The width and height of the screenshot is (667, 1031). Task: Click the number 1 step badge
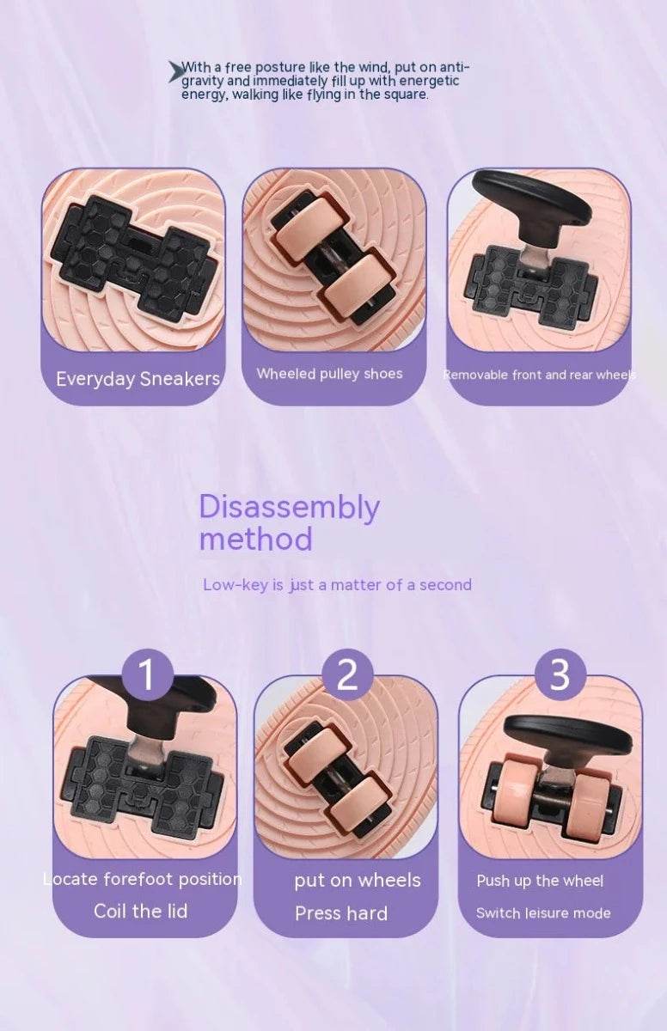[x=147, y=675]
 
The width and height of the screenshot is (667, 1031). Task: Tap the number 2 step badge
[x=347, y=675]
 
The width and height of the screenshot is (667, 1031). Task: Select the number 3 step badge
[x=560, y=675]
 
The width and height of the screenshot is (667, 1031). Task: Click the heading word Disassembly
[x=289, y=507]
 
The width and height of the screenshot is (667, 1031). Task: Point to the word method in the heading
[x=255, y=539]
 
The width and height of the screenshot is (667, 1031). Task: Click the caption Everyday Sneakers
[x=138, y=379]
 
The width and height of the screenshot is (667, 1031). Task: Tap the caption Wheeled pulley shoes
[x=329, y=374]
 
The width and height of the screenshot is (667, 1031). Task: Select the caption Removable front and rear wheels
[x=540, y=375]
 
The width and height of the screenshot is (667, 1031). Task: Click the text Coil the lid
[x=141, y=912]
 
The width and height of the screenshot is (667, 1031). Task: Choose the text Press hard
[x=341, y=913]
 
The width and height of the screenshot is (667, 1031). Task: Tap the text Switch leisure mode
[x=543, y=913]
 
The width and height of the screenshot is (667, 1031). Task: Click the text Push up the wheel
[x=540, y=881]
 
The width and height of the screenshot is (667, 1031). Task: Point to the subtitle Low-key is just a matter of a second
[x=338, y=585]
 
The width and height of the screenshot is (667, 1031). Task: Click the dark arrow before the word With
[x=174, y=71]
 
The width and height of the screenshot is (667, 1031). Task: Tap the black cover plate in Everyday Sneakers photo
[x=135, y=258]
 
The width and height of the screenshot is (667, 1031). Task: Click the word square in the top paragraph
[x=407, y=95]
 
